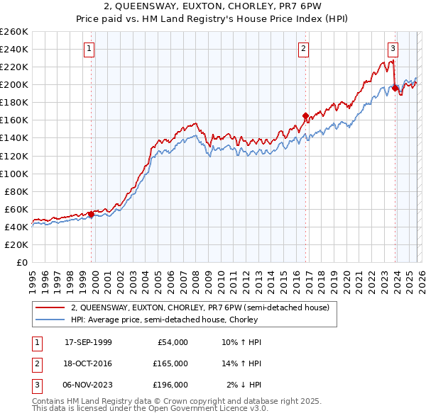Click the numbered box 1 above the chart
(89, 49)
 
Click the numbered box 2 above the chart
(303, 49)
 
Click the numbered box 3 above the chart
(393, 49)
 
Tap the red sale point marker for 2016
(305, 115)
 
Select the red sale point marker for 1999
(91, 214)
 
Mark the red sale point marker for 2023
(395, 89)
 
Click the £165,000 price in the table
(170, 363)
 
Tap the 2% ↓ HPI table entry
(244, 385)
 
